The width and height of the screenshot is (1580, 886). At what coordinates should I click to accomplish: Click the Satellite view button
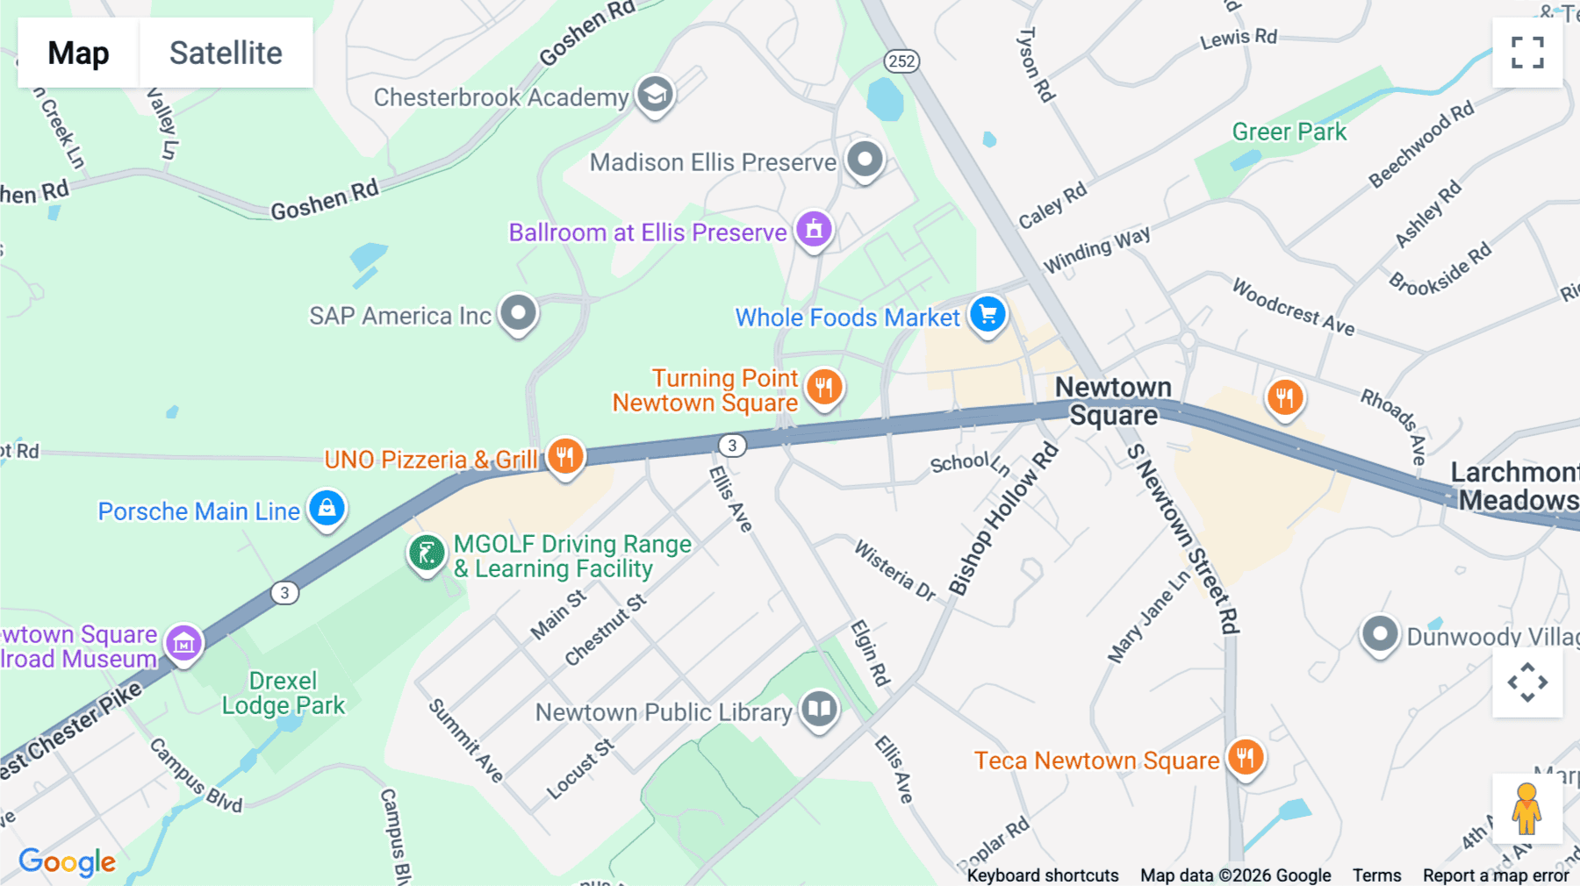click(226, 53)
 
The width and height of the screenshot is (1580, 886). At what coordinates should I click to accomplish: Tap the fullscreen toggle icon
click(1526, 53)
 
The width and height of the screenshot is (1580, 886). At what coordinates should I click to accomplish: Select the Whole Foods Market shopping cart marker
click(987, 314)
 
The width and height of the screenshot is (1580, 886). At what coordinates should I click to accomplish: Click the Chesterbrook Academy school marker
click(654, 94)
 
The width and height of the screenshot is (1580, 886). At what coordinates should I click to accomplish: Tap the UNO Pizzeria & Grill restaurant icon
click(565, 457)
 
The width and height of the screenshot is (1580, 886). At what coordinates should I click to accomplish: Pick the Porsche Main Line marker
click(327, 509)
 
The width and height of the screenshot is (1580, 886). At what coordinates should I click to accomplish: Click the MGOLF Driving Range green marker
click(427, 554)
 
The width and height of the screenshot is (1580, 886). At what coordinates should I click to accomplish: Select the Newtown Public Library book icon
click(819, 708)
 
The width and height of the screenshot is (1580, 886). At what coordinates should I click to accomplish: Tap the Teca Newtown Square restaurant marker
click(1245, 756)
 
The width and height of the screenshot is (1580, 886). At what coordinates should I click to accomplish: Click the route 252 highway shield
click(901, 61)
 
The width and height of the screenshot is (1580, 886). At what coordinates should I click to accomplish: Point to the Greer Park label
click(1289, 132)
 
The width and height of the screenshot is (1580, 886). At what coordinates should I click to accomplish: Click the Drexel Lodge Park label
click(283, 693)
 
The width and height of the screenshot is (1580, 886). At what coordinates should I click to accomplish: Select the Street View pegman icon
click(1526, 808)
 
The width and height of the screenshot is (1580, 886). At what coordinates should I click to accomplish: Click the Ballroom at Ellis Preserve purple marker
click(814, 230)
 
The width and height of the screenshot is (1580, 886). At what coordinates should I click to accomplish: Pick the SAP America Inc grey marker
click(518, 313)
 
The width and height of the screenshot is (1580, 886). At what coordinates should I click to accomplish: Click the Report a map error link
click(1495, 875)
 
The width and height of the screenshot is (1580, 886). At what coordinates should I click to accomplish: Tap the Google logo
click(67, 861)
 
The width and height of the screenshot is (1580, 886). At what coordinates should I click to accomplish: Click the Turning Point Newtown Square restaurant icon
click(823, 387)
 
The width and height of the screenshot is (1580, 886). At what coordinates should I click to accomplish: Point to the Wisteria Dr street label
click(894, 570)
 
